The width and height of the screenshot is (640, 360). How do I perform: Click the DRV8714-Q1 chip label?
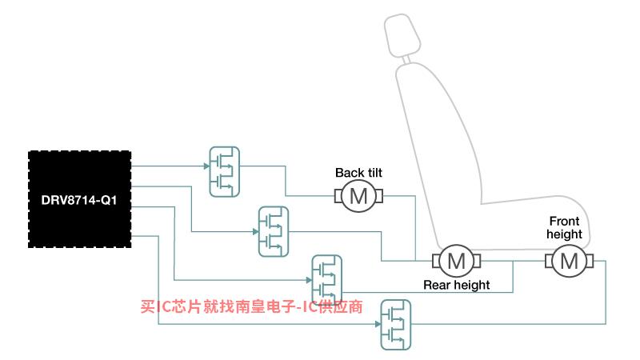[x=79, y=200]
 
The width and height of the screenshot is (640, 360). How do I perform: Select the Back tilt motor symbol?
[x=358, y=196]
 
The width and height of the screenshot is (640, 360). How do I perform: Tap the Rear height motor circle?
[x=456, y=261]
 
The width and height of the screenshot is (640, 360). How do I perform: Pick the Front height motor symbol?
[x=570, y=261]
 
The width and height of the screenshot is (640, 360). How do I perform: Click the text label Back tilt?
[x=358, y=173]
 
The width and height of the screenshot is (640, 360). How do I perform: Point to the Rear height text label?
[x=456, y=285]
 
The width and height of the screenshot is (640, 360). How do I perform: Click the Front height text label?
[x=565, y=227]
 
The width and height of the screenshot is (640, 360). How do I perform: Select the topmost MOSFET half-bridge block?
[x=225, y=172]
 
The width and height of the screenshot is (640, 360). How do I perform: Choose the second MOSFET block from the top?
[x=274, y=231]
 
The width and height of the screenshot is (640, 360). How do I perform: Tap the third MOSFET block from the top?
[x=326, y=280]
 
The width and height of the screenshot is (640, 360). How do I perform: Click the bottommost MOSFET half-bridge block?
[x=395, y=325]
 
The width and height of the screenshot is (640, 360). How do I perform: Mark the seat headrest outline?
[x=402, y=35]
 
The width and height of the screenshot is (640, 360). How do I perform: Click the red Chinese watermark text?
[x=251, y=306]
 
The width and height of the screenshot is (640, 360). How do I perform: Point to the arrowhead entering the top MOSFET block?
[x=206, y=166]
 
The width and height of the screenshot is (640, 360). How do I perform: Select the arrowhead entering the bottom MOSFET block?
[x=378, y=324]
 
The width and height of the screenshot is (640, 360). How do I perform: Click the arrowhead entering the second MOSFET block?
[x=255, y=232]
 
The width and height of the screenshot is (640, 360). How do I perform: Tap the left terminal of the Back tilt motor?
[x=338, y=196]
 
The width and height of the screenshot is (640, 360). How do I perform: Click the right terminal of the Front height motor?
[x=590, y=261]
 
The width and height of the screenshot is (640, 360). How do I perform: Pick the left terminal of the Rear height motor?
[x=436, y=261]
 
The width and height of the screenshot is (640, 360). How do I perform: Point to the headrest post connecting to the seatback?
[x=406, y=59]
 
